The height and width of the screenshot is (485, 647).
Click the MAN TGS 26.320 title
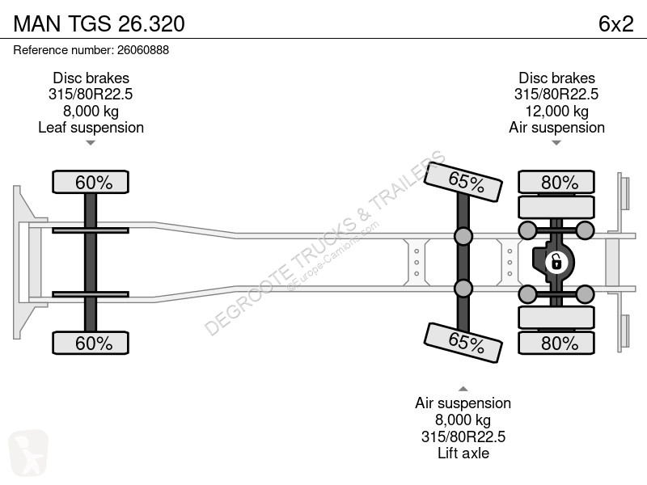[x=99, y=23]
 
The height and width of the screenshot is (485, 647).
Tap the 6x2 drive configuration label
[x=615, y=23]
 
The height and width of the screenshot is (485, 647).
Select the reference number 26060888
[x=143, y=50]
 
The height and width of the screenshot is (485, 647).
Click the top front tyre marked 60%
[x=91, y=182]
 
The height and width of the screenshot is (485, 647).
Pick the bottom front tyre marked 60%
[x=91, y=343]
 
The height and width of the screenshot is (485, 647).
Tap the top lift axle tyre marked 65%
[x=463, y=183]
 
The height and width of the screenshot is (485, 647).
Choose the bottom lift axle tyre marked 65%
[x=463, y=342]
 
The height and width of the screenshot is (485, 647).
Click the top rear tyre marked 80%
[x=556, y=182]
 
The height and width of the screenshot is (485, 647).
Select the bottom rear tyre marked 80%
[x=556, y=343]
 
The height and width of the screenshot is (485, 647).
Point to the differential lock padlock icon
[x=556, y=262]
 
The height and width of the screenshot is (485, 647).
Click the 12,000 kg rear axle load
[x=556, y=111]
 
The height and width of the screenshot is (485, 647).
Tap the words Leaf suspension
[x=91, y=128]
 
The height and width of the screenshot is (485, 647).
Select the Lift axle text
[x=463, y=453]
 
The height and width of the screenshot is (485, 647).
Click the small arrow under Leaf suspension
[x=91, y=143]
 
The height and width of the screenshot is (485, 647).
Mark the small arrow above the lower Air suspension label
[x=463, y=389]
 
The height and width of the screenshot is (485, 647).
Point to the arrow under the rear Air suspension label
[x=556, y=143]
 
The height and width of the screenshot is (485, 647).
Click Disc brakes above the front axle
[x=91, y=78]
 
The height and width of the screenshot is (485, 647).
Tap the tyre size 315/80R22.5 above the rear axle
[x=556, y=94]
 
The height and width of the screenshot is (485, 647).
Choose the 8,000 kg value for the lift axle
[x=463, y=420]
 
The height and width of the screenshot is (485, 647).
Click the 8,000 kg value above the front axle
[x=91, y=111]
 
